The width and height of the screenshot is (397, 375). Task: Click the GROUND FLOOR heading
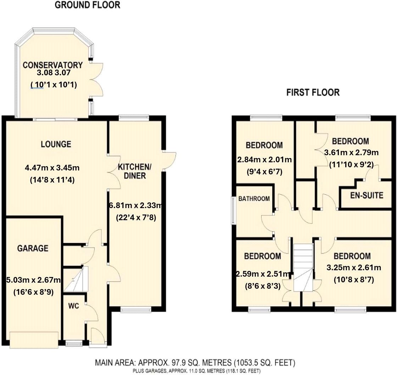click(87, 5)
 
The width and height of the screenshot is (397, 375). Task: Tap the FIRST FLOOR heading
click(313, 93)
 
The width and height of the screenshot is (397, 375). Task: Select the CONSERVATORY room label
click(53, 65)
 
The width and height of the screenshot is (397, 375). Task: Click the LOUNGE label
click(56, 144)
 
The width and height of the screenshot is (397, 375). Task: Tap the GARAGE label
click(33, 248)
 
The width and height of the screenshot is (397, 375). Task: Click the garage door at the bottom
click(34, 340)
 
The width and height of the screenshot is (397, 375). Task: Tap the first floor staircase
click(303, 266)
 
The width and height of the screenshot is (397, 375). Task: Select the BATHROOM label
click(253, 199)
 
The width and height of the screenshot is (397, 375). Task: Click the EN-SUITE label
click(366, 195)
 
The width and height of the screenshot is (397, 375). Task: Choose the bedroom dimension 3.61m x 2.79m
click(352, 153)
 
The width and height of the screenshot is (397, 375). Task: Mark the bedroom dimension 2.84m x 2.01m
click(264, 160)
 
